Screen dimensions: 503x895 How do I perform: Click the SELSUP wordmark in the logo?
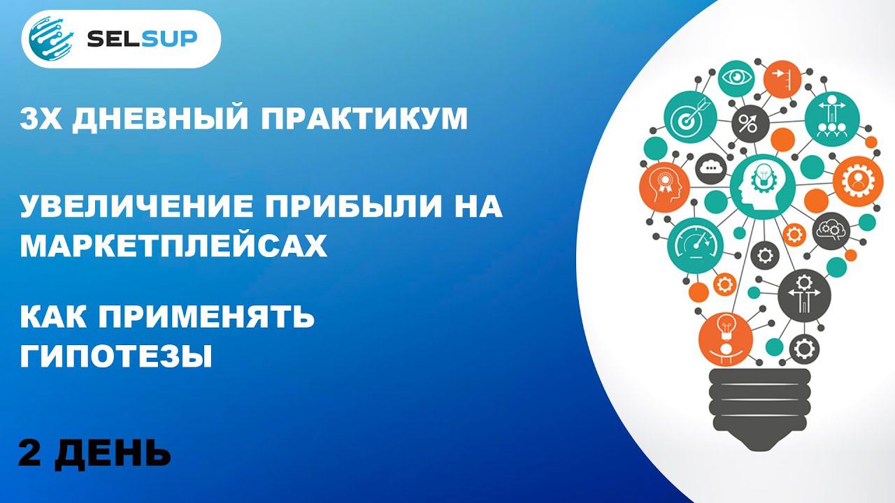pyautogui.click(x=142, y=39)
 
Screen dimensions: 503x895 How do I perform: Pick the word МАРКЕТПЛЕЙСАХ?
pyautogui.click(x=173, y=246)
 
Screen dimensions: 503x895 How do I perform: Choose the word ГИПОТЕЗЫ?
pyautogui.click(x=115, y=357)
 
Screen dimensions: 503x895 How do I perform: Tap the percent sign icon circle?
pyautogui.click(x=749, y=125)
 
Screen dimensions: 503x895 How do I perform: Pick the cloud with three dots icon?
pyautogui.click(x=713, y=167)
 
